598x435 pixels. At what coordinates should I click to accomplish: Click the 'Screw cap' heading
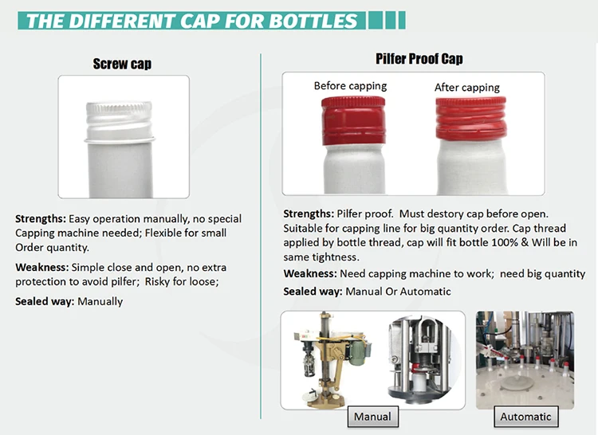122,64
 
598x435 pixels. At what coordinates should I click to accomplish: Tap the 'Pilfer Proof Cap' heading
419,59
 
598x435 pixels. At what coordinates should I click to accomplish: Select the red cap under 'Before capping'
353,120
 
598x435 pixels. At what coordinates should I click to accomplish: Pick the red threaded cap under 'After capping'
471,118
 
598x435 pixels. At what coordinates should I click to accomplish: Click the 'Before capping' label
350,86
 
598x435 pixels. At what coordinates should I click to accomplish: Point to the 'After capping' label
466,88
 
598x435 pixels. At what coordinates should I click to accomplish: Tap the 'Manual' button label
372,417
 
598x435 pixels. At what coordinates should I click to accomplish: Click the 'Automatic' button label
525,417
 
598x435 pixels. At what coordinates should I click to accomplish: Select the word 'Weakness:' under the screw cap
42,268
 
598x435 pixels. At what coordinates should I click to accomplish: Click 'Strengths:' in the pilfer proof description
309,214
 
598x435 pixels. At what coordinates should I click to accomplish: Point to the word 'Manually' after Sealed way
100,302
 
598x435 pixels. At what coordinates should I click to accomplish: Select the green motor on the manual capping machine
359,349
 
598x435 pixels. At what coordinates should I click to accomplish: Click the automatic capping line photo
525,360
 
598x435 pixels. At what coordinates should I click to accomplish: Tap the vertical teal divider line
261,236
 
